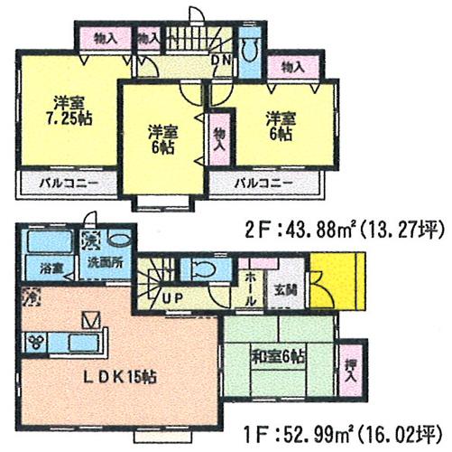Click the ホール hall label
(250, 287)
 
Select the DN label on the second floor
(219, 61)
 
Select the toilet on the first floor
(204, 269)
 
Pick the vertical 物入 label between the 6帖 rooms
(217, 142)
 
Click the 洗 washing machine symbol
(89, 241)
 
